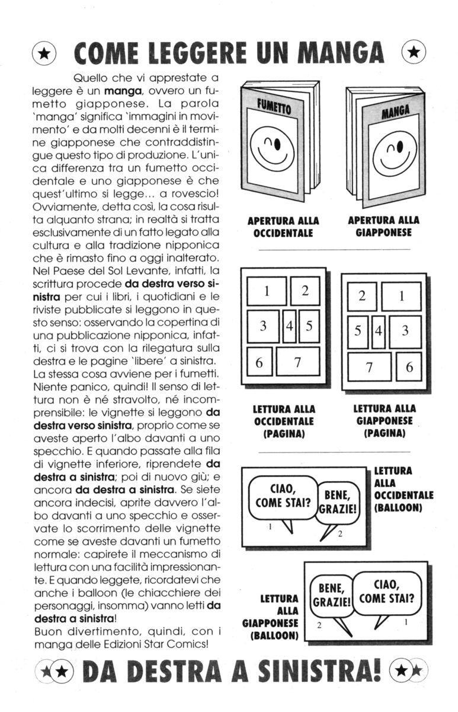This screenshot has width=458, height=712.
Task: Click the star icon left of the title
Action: coord(44,53)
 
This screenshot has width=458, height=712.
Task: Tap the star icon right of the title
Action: coord(414,53)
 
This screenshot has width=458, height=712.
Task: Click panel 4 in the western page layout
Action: coord(290,326)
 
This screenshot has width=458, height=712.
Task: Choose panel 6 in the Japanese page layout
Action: coord(409,367)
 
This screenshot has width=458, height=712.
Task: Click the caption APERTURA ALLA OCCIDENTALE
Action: coord(283,227)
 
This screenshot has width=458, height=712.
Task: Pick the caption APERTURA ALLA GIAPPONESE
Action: coord(383,227)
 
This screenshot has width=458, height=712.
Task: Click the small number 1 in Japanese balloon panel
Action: coord(406,622)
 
